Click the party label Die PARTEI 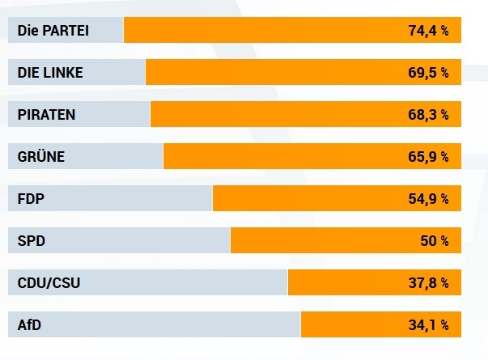(53, 31)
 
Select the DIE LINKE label (50, 73)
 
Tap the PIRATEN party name (46, 115)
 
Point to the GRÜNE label (40, 157)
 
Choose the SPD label (31, 241)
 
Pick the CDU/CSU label (49, 283)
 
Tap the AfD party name (30, 325)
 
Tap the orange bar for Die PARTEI (259, 31)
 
